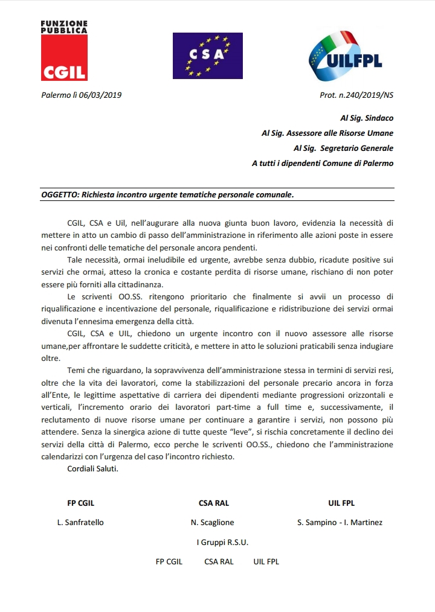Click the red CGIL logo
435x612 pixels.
tap(64, 58)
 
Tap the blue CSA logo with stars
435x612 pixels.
tap(207, 56)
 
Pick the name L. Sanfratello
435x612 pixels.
tap(80, 522)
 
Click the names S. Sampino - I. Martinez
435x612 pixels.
tap(340, 522)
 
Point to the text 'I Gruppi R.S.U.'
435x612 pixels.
tap(222, 542)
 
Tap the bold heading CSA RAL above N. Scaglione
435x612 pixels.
tap(214, 503)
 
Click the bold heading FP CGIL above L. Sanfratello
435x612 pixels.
tap(80, 503)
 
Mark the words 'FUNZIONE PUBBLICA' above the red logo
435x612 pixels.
tap(64, 27)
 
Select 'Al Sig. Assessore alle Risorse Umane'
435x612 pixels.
tap(327, 133)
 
